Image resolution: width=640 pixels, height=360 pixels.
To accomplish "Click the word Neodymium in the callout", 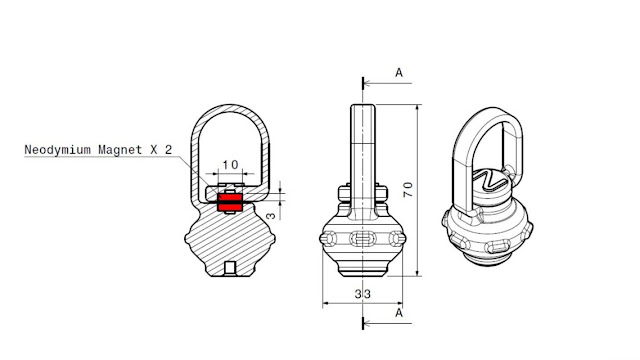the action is coord(57,150).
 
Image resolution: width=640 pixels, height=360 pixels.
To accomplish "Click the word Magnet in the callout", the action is coord(120,150).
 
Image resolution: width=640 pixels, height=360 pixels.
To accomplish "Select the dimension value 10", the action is coord(230,164).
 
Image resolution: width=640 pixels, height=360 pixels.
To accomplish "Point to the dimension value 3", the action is coord(272,215).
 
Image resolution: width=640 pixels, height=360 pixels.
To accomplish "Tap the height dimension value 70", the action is coord(408,190).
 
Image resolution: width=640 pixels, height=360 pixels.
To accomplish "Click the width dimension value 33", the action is coord(362,294).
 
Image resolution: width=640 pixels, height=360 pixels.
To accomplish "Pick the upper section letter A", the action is coord(399,73).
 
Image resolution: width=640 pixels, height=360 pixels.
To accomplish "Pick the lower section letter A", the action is coord(399,313).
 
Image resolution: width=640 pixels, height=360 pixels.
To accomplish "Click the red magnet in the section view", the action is coord(230,202).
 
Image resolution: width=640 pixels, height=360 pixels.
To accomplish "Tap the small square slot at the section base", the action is coord(230,268).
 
